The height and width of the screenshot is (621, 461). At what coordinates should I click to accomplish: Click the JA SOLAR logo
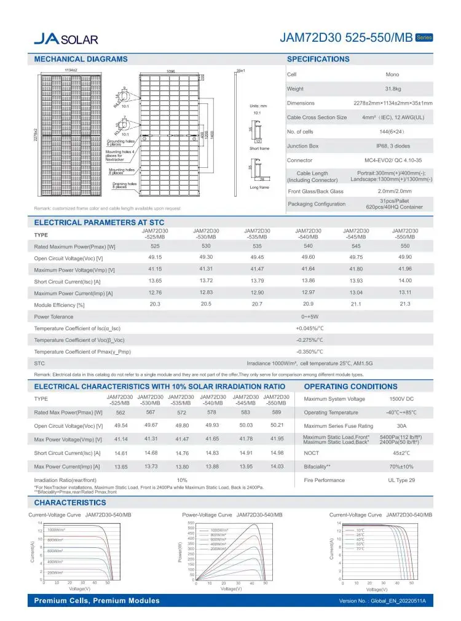tap(66, 39)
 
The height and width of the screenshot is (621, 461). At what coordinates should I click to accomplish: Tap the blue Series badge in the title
tap(424, 38)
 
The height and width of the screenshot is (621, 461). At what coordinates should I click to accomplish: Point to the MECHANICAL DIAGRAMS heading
tap(81, 59)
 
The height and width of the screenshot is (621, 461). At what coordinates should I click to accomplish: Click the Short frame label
tap(259, 149)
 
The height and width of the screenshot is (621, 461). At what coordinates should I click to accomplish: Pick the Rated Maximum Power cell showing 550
tap(404, 246)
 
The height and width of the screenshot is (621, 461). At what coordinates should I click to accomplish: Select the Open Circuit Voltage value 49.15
tap(155, 258)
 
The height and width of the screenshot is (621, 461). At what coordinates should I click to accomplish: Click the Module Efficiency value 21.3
tap(404, 304)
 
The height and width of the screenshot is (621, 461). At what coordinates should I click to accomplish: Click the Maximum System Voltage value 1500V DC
tap(401, 399)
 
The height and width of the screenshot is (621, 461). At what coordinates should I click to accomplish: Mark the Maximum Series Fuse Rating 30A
tap(401, 425)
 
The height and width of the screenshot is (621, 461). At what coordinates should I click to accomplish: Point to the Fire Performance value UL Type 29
tap(401, 480)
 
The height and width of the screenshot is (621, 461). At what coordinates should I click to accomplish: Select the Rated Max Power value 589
tap(276, 413)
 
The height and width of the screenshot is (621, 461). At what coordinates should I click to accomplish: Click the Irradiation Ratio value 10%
tap(182, 480)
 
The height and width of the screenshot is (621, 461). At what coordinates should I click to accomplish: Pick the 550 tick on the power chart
tap(190, 523)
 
